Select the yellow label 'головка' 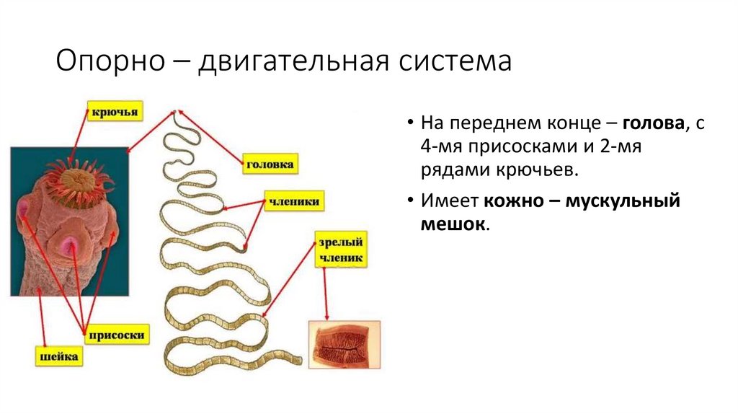(270, 164)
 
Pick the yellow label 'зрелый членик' (341, 249)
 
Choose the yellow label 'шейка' (58, 356)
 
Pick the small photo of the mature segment (344, 344)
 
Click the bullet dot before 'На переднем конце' (409, 123)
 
